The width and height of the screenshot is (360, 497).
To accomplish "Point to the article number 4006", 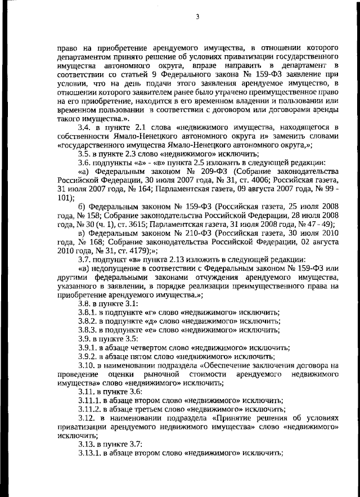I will pyautogui.click(x=274, y=180).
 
